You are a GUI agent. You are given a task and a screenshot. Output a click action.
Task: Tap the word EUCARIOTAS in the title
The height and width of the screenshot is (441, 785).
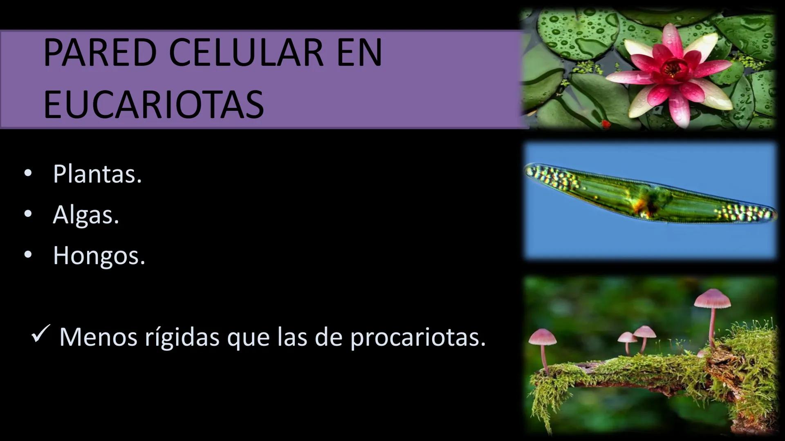pos(153,105)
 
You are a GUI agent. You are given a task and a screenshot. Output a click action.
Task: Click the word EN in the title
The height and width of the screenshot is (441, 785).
pos(359,53)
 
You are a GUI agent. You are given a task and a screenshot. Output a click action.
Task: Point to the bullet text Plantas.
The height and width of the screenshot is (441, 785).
pos(97,174)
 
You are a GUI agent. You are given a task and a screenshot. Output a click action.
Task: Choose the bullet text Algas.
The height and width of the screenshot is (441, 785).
pos(86,215)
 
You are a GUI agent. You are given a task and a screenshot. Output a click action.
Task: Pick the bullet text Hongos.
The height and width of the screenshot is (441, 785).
pos(99,256)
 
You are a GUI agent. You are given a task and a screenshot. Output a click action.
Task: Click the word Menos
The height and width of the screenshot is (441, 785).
pos(98,338)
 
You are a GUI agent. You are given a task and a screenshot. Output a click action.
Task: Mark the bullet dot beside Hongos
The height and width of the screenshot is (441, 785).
pos(28,255)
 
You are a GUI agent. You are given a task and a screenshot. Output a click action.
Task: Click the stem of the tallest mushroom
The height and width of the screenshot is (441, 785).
pos(712,327)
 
